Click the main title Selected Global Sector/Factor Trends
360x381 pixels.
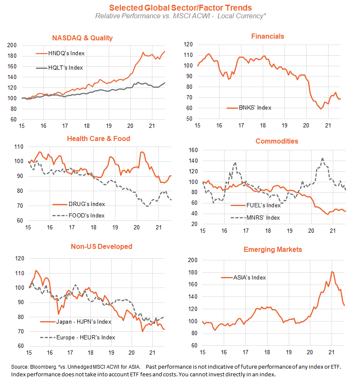[180, 8]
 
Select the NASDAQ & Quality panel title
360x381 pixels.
[82, 38]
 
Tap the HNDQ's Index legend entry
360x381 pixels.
[60, 53]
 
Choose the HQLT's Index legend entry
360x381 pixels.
[59, 68]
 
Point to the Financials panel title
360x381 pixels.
[267, 36]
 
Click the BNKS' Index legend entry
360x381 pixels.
[249, 107]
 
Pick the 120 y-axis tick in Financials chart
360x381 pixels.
[188, 45]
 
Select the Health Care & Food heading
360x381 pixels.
[98, 138]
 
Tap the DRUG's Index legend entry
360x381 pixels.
[79, 204]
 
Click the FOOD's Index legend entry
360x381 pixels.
[79, 215]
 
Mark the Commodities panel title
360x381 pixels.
[277, 141]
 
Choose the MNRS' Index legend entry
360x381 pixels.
[255, 218]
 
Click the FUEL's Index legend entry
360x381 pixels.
[256, 205]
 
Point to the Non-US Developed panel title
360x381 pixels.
[101, 246]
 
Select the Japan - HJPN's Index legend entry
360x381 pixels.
[76, 322]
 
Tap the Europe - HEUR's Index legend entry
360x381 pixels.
[78, 338]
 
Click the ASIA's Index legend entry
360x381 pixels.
[243, 277]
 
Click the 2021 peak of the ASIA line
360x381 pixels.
[332, 272]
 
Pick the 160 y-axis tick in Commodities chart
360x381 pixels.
[193, 150]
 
